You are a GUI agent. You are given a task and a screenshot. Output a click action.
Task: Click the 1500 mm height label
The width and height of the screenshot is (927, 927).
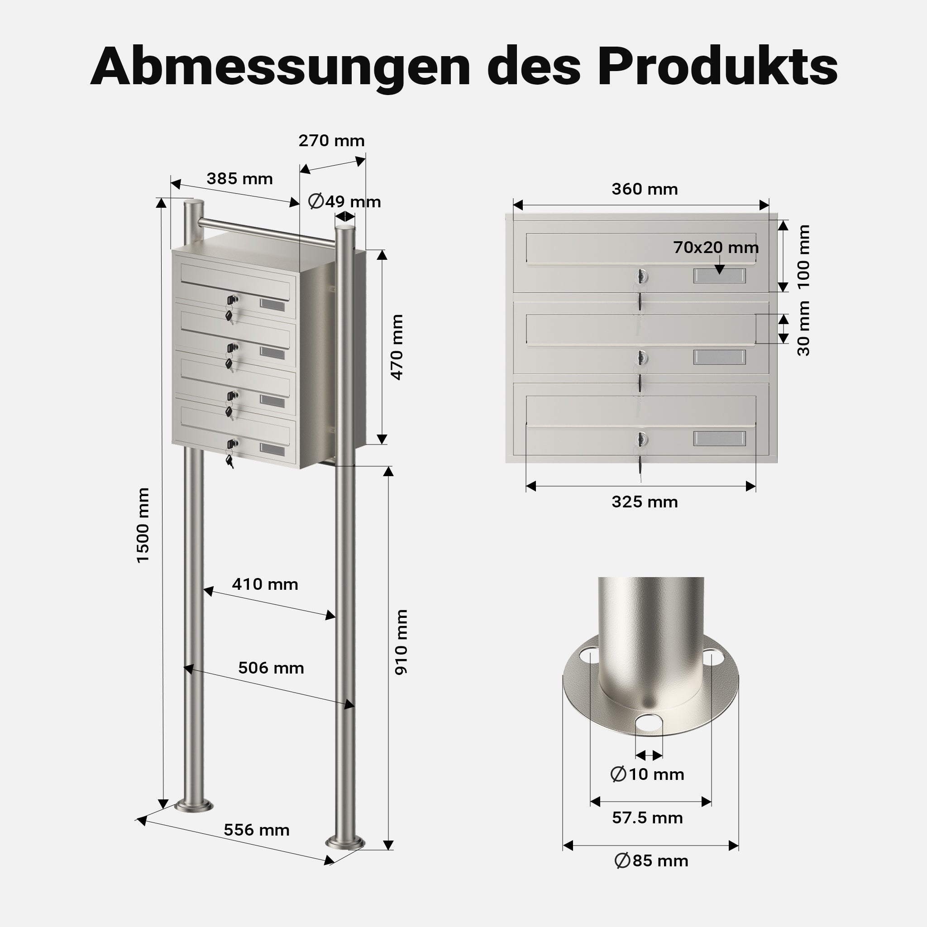(143, 525)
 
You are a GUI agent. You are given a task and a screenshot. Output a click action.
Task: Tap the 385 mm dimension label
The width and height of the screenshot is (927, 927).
(239, 178)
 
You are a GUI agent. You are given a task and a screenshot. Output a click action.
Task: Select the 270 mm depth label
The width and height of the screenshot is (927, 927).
(331, 141)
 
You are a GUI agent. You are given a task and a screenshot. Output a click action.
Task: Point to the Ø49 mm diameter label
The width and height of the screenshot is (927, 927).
(344, 201)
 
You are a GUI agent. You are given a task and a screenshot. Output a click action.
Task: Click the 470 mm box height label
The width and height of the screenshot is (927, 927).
(397, 347)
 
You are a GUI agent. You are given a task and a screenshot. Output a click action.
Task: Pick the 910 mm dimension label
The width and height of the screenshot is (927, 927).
(401, 642)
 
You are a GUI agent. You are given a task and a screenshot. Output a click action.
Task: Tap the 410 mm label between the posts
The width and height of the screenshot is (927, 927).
(265, 584)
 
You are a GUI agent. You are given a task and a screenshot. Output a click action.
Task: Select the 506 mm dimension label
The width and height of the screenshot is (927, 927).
(271, 668)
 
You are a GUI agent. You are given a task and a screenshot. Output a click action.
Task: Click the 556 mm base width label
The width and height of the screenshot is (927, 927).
(257, 830)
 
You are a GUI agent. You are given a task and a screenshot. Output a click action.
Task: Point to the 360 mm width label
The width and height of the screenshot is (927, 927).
(645, 189)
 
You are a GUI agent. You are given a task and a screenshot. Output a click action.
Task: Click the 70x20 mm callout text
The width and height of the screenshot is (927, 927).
(716, 247)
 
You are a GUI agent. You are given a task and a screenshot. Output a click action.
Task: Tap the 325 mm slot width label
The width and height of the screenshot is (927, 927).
(645, 502)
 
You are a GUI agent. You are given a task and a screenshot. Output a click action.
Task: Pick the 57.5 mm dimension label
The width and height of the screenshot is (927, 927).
(647, 817)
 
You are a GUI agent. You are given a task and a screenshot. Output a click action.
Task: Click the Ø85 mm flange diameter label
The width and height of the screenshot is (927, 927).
(651, 861)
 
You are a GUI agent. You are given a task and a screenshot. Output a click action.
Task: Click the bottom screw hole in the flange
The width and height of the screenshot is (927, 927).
(649, 724)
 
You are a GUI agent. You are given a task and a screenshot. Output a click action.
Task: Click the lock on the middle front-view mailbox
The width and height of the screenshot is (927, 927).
(640, 358)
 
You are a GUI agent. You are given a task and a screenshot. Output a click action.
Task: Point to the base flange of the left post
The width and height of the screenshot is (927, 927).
(194, 806)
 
